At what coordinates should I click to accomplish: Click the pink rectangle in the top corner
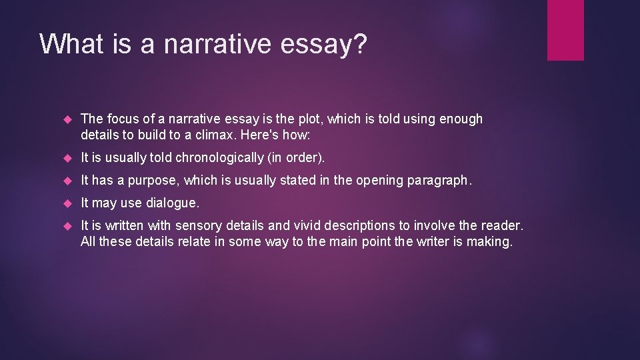click(565, 30)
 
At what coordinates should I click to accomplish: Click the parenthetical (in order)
click(297, 158)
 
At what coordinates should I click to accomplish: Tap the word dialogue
click(175, 202)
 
